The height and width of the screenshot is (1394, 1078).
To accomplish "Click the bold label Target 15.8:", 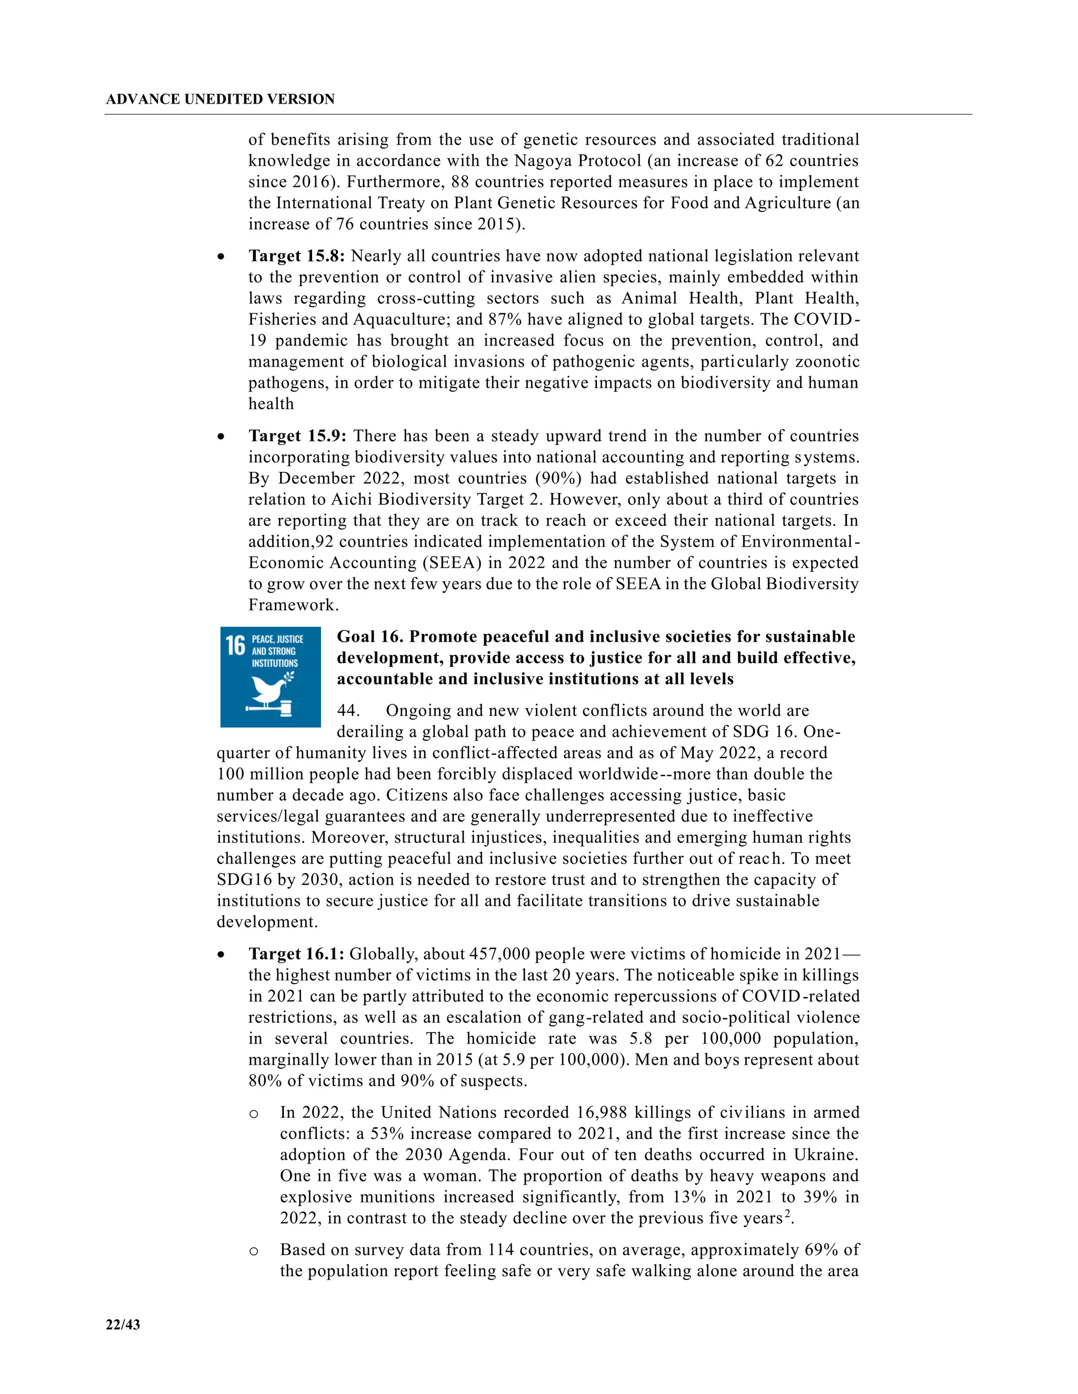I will click(296, 256).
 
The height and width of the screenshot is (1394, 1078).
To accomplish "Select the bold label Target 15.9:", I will click(297, 436).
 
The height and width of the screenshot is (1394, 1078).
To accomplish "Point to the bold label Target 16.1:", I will click(296, 954).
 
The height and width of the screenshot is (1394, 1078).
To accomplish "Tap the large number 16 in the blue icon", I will click(235, 645).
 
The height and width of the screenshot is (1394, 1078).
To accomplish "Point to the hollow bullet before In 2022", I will click(254, 1114).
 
